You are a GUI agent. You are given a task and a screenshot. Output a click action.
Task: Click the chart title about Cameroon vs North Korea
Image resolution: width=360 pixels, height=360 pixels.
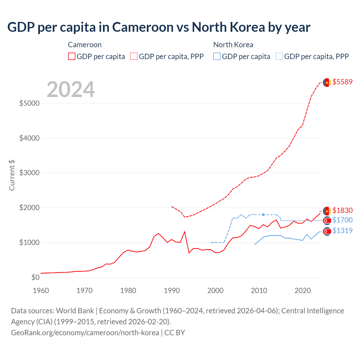point(159,27)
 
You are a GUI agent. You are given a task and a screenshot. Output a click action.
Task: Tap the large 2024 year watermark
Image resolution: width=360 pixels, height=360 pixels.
point(71,89)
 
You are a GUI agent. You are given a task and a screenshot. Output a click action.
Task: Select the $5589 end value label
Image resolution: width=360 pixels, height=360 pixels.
point(342,82)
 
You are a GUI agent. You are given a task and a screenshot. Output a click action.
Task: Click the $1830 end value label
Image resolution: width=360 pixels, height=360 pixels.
point(342,210)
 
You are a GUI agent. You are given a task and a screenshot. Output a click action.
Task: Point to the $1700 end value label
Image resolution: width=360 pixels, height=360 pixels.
point(342,220)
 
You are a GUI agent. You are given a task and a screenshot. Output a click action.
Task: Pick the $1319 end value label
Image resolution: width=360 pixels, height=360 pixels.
point(342,231)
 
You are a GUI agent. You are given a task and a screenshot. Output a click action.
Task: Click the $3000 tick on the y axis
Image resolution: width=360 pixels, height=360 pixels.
point(29,173)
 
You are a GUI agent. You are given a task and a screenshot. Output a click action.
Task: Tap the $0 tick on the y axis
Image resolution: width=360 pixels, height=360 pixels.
point(35,277)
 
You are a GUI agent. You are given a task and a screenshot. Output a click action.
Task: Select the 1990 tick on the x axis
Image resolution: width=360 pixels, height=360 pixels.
point(172,291)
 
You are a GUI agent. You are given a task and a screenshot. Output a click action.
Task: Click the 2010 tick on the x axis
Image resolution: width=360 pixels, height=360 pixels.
point(259,291)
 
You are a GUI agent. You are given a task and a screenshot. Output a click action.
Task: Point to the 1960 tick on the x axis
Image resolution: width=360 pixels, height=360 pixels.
point(41,291)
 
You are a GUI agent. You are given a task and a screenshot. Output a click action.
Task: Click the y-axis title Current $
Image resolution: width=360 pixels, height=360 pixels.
point(12,175)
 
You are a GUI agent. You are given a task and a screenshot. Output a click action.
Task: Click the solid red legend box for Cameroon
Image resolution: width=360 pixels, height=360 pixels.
point(72,57)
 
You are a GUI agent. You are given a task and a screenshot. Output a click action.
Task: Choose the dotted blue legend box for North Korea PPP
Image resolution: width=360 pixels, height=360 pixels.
point(279,57)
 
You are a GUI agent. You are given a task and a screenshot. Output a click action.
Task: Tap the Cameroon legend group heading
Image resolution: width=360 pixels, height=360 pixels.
point(85,45)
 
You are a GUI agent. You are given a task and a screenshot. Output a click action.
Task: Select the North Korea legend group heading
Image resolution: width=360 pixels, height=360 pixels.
point(233,45)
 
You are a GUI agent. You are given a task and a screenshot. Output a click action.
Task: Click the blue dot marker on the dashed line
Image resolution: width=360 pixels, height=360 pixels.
point(263,215)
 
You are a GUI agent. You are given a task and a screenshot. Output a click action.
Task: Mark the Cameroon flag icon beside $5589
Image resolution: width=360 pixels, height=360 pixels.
point(327,82)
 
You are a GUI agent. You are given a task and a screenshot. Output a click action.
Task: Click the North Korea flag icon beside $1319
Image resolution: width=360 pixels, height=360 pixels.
point(327,231)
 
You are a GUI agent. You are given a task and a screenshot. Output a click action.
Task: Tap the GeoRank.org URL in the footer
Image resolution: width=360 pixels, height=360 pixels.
point(85,333)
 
